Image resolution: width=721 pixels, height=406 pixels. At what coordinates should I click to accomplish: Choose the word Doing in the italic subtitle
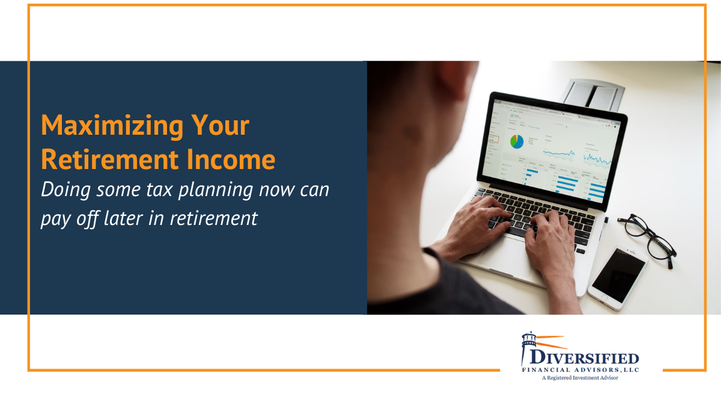pyautogui.click(x=62, y=190)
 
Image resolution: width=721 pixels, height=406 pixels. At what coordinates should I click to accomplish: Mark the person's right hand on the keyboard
pyautogui.click(x=550, y=238)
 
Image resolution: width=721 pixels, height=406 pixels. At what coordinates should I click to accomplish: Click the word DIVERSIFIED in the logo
pyautogui.click(x=586, y=359)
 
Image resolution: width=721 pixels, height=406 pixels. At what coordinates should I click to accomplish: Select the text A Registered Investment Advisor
pyautogui.click(x=579, y=378)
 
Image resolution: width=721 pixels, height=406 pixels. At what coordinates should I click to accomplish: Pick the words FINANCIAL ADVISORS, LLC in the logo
pyautogui.click(x=579, y=370)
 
